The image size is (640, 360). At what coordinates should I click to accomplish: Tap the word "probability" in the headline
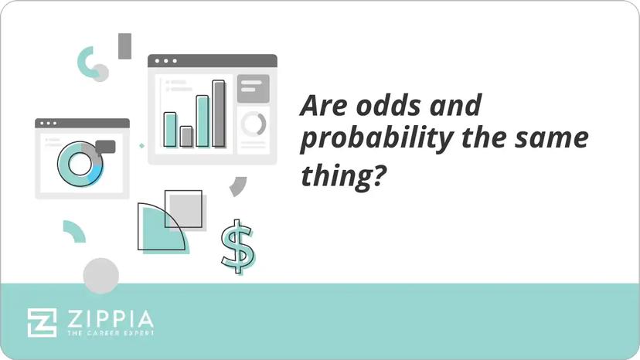click(367, 141)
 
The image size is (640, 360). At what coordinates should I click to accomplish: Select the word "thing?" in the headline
click(342, 177)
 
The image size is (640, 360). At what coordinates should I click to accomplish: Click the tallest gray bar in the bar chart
click(219, 114)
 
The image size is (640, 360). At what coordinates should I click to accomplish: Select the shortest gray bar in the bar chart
click(186, 137)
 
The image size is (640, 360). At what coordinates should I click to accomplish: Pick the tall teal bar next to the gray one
click(203, 121)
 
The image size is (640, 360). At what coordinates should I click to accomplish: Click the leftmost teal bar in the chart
click(170, 130)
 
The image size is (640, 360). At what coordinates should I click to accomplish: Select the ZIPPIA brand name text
click(109, 318)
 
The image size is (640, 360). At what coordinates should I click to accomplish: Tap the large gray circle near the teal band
click(101, 276)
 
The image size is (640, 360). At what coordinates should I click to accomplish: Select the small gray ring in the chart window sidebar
click(253, 124)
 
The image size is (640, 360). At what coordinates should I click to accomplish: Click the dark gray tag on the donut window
click(104, 147)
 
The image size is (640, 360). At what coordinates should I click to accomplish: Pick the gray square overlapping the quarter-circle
click(186, 209)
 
